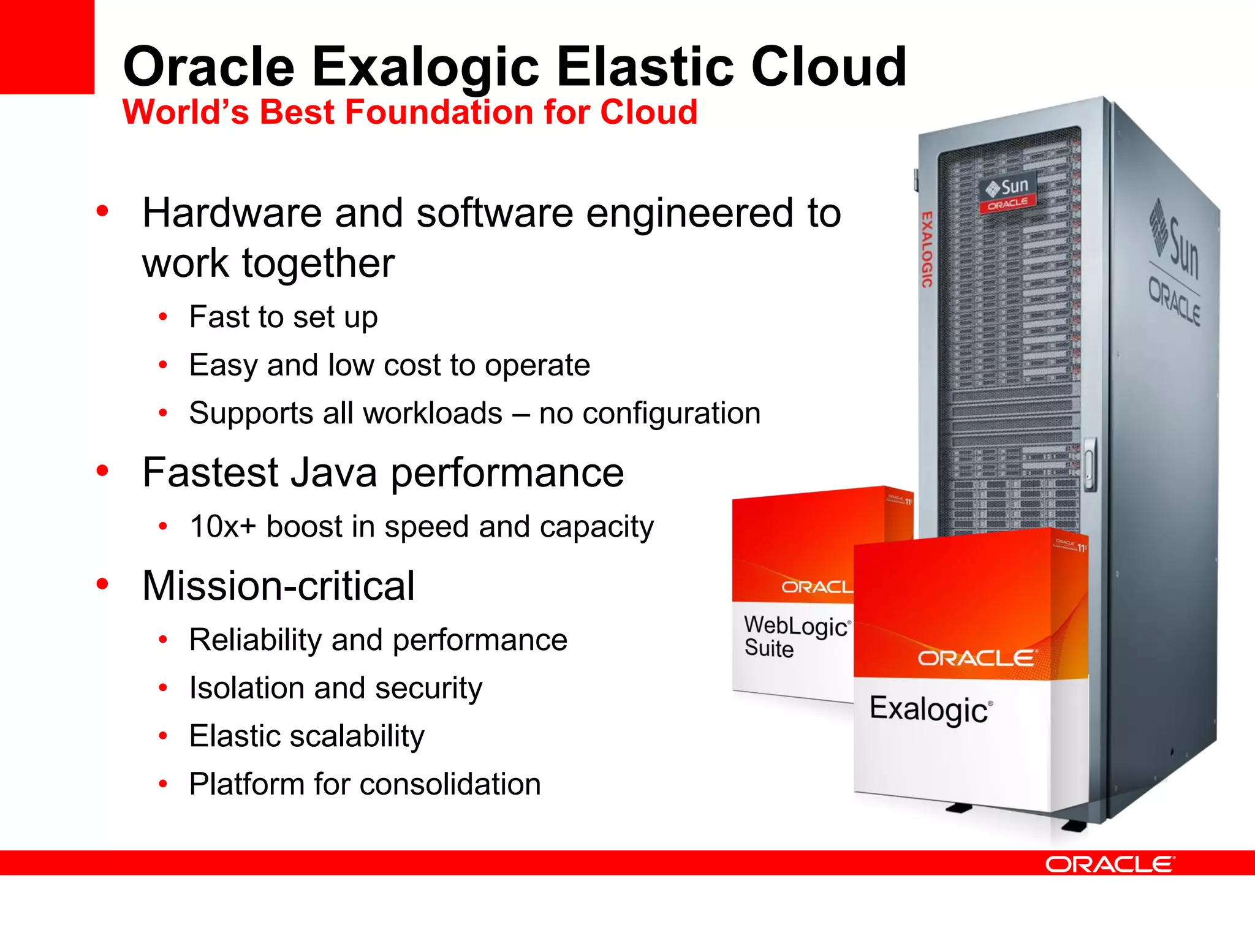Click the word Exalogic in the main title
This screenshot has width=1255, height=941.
coord(425,67)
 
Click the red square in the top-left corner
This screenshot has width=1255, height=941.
coord(47,47)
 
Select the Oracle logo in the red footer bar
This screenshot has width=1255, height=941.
coord(1110,864)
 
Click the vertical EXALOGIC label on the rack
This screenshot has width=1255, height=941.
coord(927,249)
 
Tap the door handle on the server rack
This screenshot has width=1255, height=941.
coord(1090,463)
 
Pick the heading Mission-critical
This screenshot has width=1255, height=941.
coord(278,586)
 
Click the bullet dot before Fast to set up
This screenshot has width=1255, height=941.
coord(163,317)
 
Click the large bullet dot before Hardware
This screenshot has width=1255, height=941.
coord(102,211)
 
